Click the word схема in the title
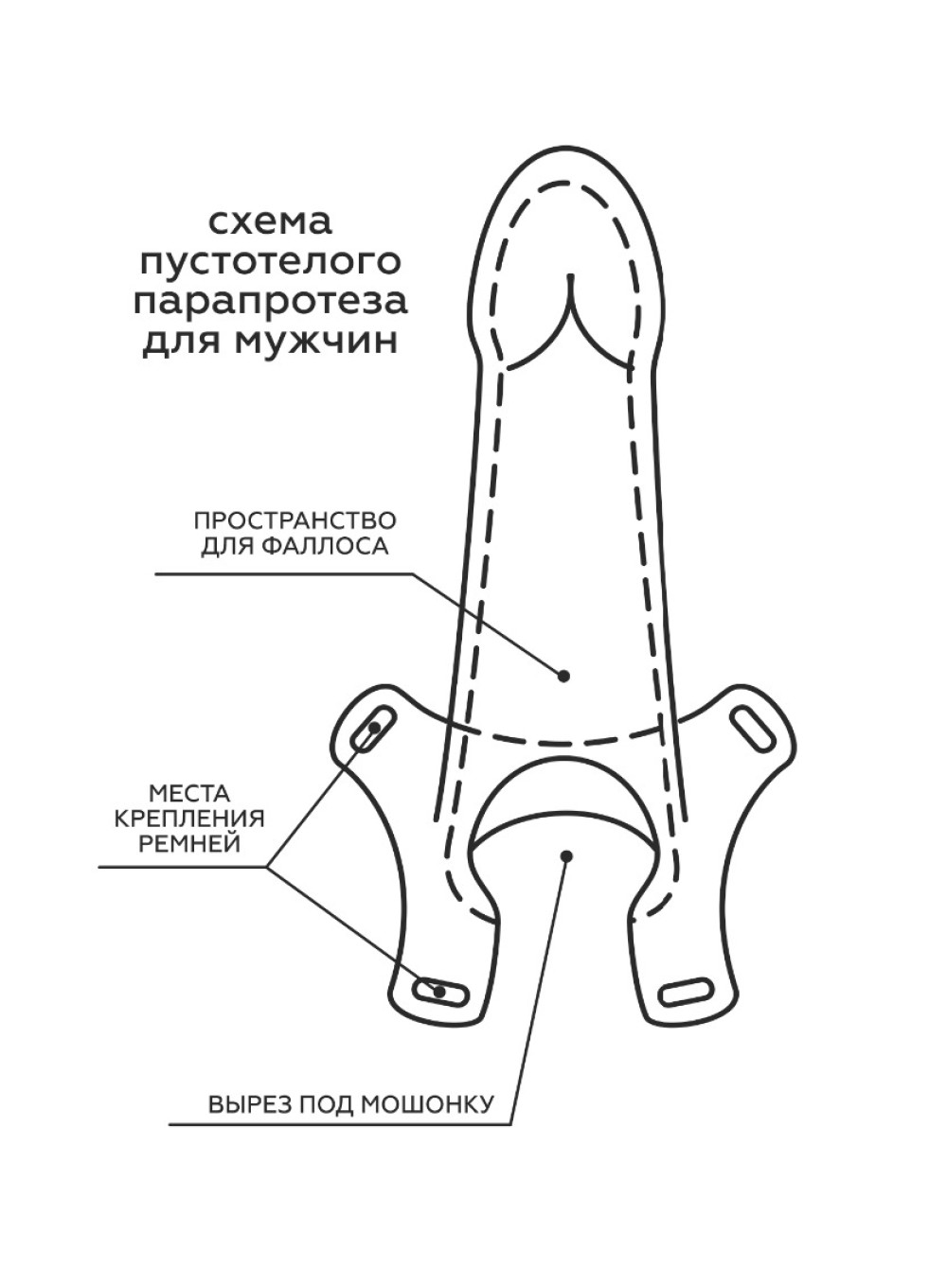click(270, 223)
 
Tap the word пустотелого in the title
click(271, 262)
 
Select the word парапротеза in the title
click(271, 302)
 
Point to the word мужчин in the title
click(317, 342)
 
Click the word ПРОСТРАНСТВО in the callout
click(295, 520)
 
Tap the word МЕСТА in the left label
click(189, 793)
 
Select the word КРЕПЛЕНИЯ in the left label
click(189, 819)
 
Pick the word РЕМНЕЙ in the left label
click(189, 844)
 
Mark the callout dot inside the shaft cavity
click(563, 676)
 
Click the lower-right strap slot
click(687, 991)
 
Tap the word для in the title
click(183, 342)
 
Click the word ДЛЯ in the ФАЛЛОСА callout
click(228, 547)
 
